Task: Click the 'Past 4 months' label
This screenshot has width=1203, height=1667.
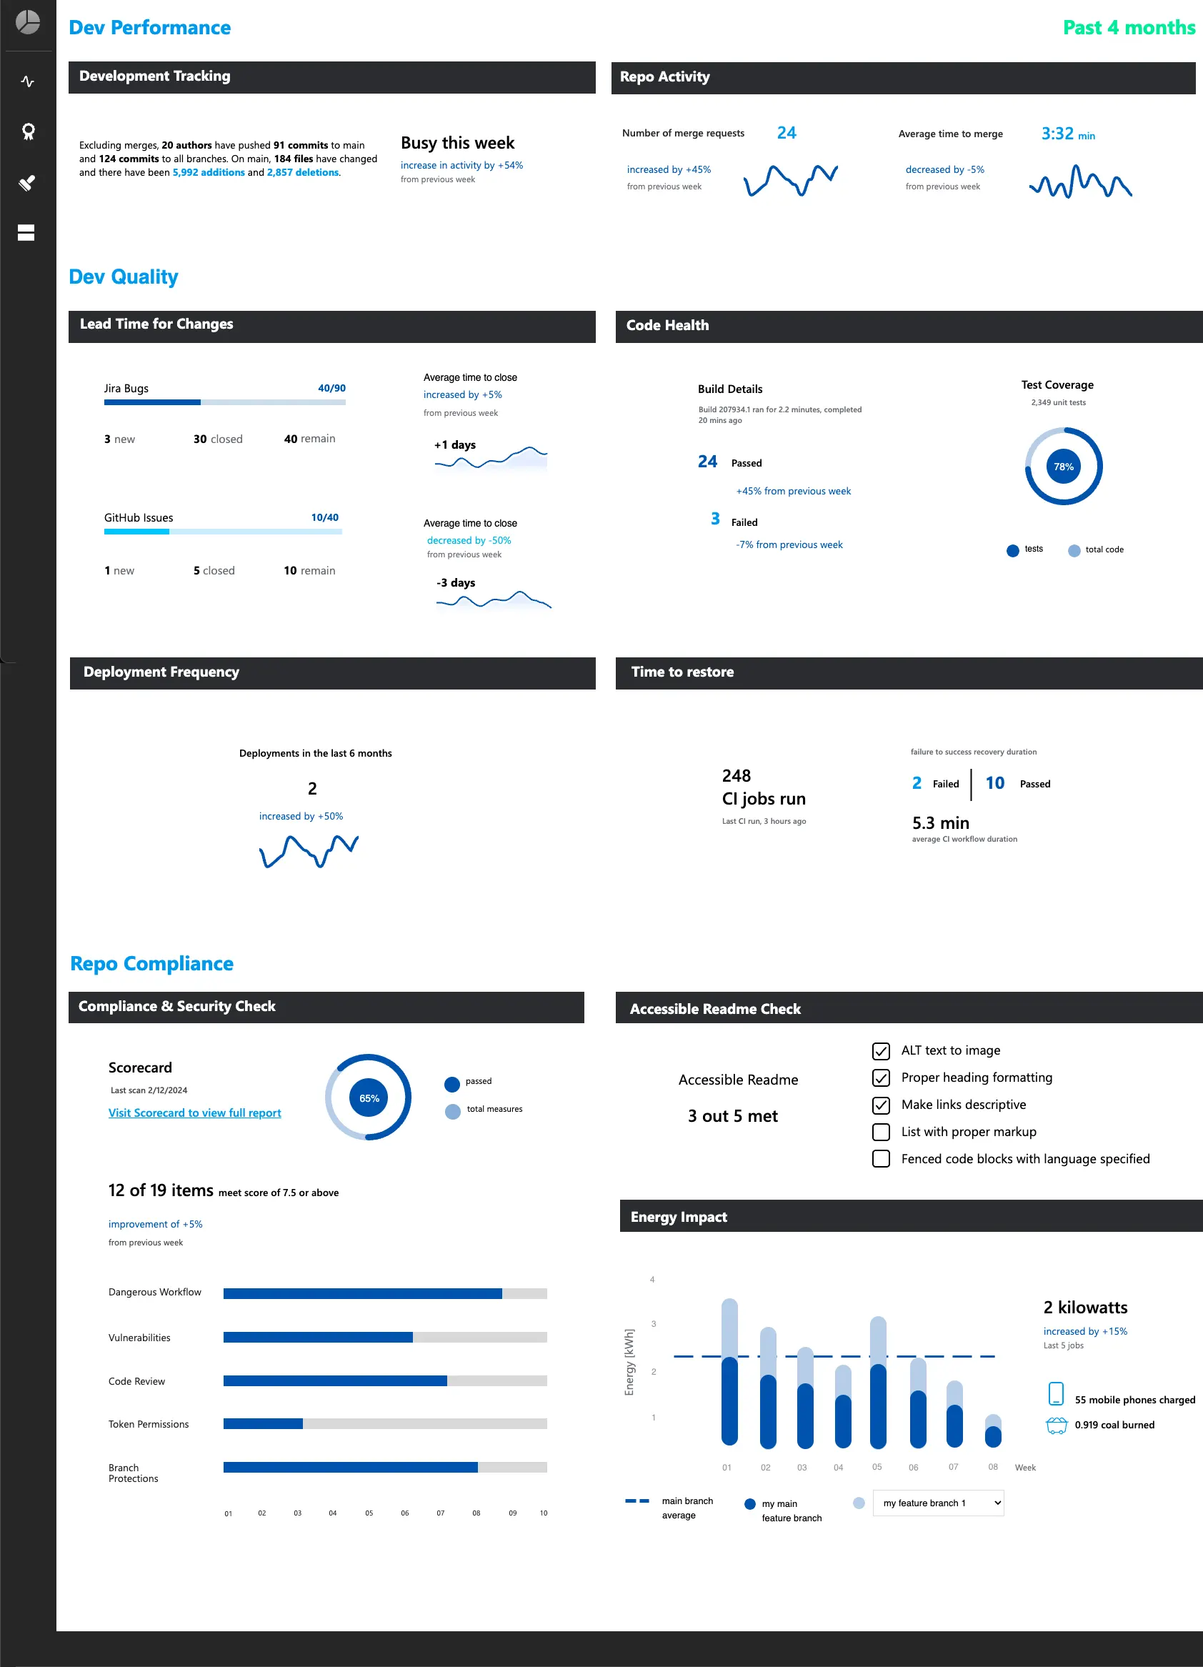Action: (x=1128, y=28)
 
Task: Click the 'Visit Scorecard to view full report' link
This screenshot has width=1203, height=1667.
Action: (x=195, y=1113)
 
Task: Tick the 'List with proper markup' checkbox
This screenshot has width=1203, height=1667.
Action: (x=880, y=1132)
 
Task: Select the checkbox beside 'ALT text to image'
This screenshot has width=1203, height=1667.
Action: (x=880, y=1051)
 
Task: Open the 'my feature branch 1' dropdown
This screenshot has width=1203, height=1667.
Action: (x=938, y=1503)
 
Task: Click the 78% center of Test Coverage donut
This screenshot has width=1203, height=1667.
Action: (x=1063, y=467)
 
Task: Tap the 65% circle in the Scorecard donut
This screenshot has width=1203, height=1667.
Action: (x=368, y=1098)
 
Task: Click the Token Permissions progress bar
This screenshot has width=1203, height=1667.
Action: (x=384, y=1424)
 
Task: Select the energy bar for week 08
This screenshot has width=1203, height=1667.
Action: (x=992, y=1431)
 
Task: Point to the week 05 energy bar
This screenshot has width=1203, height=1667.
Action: (x=877, y=1382)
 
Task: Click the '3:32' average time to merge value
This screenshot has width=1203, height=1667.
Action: (x=1057, y=134)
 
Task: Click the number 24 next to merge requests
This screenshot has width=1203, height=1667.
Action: (x=787, y=133)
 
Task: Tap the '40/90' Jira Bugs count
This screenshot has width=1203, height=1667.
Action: (x=331, y=388)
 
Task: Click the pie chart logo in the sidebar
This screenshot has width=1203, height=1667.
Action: (x=28, y=22)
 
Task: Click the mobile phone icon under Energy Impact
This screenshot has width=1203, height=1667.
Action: (x=1055, y=1393)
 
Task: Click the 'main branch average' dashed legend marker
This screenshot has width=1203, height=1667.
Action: (x=637, y=1501)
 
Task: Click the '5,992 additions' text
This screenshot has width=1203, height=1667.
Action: (x=209, y=173)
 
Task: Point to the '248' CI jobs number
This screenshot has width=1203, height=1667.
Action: (x=736, y=776)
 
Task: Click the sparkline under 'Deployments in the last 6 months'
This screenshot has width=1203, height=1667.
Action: (x=309, y=851)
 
